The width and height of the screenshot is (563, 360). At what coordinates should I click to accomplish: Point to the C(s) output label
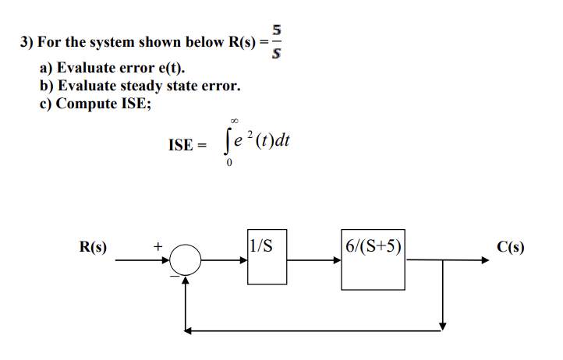[x=510, y=248]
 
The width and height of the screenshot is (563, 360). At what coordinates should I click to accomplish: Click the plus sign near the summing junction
[x=157, y=246]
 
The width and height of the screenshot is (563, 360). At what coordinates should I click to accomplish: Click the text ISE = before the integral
[x=187, y=145]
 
